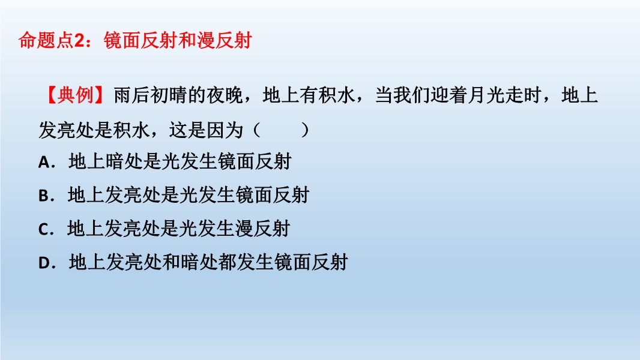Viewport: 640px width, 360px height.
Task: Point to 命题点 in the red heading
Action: click(x=46, y=40)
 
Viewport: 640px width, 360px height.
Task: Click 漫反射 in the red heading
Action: click(x=224, y=40)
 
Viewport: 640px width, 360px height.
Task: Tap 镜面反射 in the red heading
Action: click(x=141, y=40)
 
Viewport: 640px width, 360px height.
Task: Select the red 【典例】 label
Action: click(x=76, y=95)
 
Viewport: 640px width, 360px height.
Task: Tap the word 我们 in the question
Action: click(x=411, y=95)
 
